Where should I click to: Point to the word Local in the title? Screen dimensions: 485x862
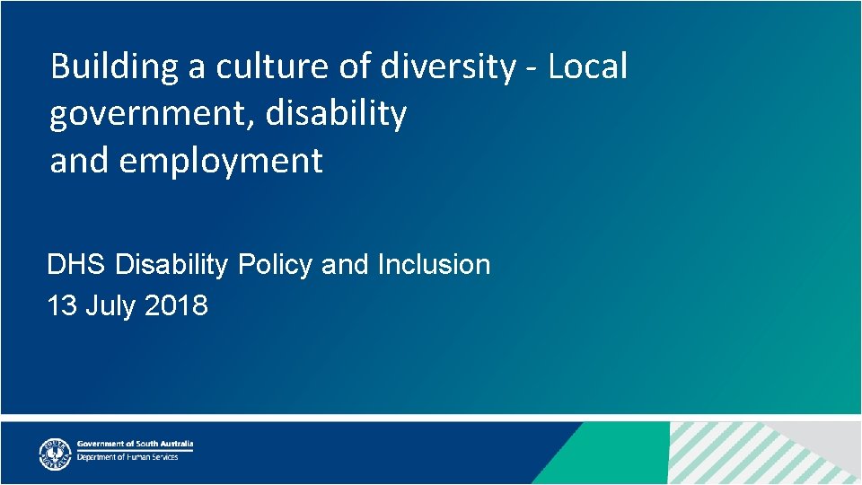(587, 67)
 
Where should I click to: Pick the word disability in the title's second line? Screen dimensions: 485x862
(336, 114)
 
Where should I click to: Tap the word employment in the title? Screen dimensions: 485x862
(220, 162)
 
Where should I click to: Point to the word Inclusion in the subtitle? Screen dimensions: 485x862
(434, 265)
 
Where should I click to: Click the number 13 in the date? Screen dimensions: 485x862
(61, 306)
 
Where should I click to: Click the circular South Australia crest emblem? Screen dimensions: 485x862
(55, 454)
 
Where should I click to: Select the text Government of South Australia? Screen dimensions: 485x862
(135, 445)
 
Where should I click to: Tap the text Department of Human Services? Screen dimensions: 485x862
(128, 457)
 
